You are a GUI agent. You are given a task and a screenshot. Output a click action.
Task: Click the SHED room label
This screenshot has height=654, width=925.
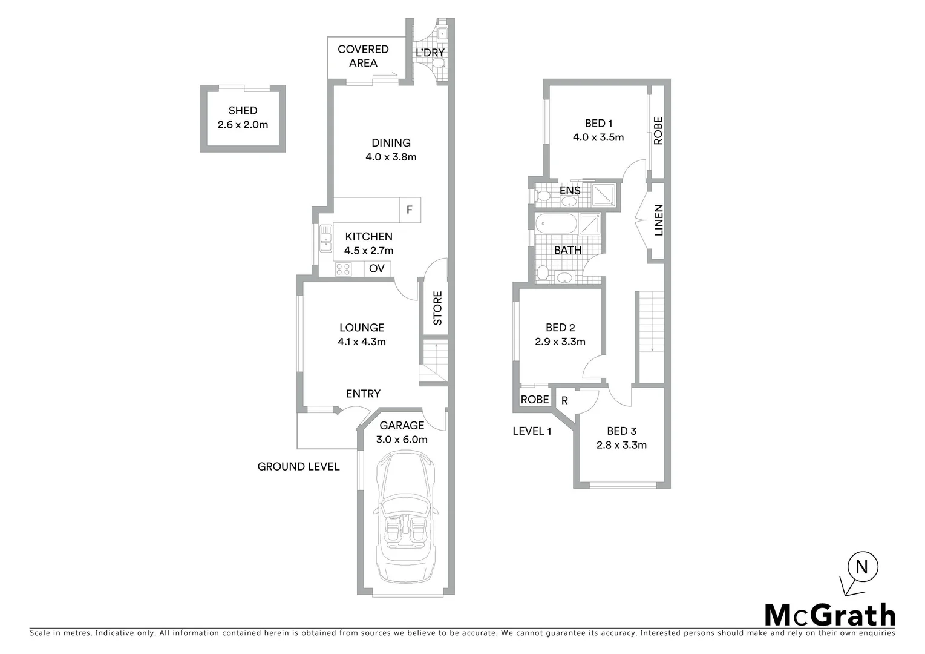(x=243, y=111)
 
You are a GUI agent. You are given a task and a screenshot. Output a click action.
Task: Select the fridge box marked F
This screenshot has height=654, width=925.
(x=410, y=210)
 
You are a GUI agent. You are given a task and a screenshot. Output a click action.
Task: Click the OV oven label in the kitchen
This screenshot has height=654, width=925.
(x=377, y=268)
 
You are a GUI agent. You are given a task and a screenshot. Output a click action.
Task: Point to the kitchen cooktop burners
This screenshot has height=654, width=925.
(x=344, y=269)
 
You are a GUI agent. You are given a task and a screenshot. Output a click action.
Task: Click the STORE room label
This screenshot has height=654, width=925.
(x=437, y=308)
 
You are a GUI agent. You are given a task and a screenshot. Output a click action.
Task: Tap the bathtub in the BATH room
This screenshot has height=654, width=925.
(x=556, y=223)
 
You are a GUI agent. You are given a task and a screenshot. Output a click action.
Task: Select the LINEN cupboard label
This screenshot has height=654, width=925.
(x=659, y=220)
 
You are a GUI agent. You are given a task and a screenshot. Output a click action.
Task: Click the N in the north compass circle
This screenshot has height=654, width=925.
(x=863, y=567)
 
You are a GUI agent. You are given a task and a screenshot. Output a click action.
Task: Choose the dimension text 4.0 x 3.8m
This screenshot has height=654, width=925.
(x=391, y=157)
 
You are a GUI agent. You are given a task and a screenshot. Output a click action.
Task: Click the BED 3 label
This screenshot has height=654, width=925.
(x=621, y=431)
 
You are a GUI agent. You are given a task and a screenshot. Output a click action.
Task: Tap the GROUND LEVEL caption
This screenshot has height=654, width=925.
(x=298, y=466)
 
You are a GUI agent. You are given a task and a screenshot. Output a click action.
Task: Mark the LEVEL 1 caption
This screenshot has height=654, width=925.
(x=532, y=431)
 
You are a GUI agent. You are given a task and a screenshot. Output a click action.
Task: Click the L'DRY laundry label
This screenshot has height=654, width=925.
(x=430, y=53)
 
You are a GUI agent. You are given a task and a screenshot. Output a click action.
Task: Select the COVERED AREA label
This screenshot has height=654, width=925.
(x=363, y=56)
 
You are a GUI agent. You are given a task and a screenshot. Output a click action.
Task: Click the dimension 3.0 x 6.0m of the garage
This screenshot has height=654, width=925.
(x=402, y=440)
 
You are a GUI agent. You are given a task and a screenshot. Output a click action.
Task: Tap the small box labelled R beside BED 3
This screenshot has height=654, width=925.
(x=564, y=400)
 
